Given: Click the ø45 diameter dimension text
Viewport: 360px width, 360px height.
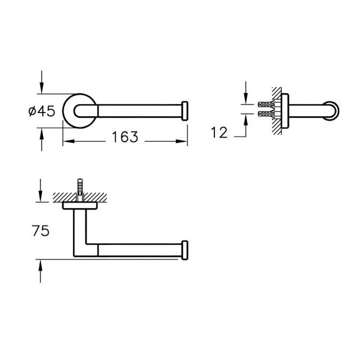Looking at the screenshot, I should click(41, 111).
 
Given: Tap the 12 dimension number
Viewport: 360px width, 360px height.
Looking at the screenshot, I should click(219, 133).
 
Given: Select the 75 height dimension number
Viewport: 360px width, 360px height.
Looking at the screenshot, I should click(41, 230).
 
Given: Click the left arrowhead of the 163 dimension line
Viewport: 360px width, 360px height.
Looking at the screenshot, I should click(66, 142).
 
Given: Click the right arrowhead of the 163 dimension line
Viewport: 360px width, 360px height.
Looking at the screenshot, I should click(185, 142).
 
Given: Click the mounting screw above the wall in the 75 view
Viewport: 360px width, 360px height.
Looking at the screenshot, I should click(81, 186).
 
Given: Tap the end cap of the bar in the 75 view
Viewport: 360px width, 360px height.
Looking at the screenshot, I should click(185, 250).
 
